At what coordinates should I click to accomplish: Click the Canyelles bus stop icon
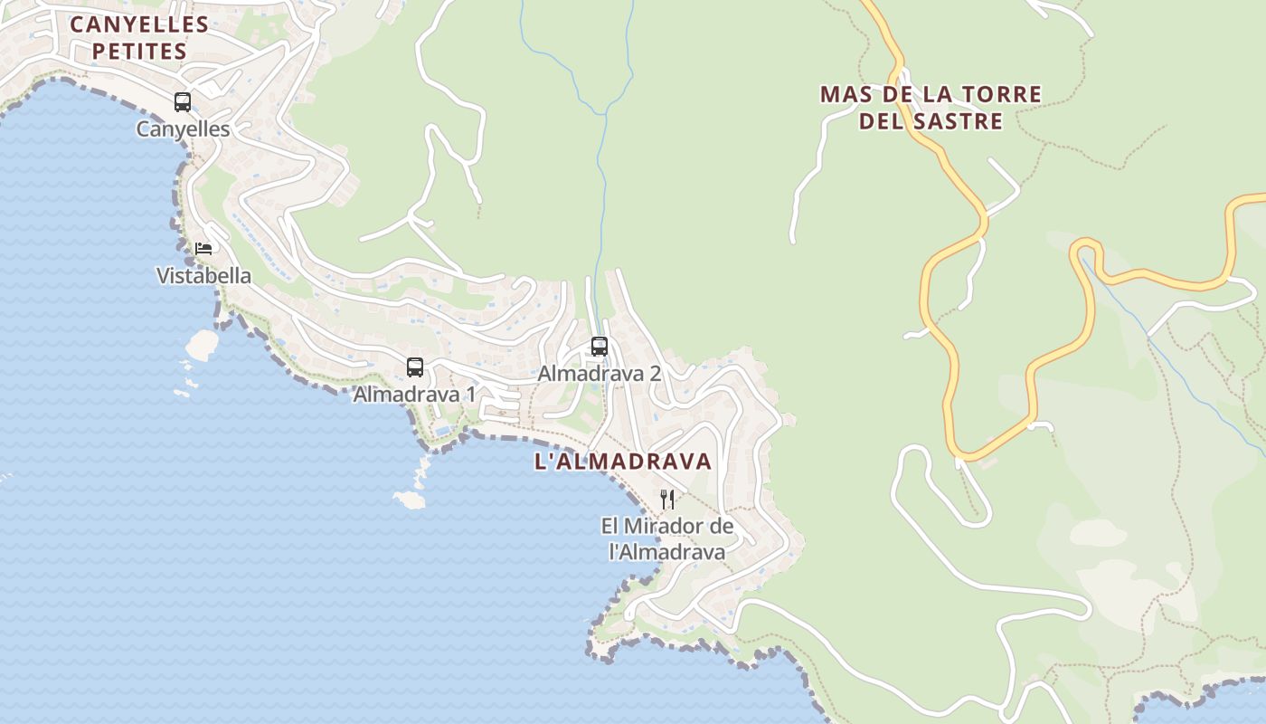click(183, 102)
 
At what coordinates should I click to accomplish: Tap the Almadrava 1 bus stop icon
click(415, 367)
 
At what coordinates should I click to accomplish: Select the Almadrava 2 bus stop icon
click(599, 347)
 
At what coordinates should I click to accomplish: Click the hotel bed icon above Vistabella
click(203, 248)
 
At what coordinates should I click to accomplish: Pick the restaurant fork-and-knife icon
click(667, 499)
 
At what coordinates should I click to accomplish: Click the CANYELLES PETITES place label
click(139, 38)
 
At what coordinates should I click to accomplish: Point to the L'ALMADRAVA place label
click(623, 462)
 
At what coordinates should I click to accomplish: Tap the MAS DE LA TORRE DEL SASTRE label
click(931, 108)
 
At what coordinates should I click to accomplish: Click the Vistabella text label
click(203, 276)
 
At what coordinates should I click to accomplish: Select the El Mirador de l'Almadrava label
click(667, 538)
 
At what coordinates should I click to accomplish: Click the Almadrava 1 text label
click(414, 395)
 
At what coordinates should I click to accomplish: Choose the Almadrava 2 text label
click(600, 374)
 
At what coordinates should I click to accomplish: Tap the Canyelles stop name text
click(183, 129)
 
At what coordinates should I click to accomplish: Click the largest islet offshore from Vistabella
click(202, 344)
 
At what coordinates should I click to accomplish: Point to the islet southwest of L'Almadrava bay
click(410, 500)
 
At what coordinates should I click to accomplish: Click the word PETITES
click(139, 52)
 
